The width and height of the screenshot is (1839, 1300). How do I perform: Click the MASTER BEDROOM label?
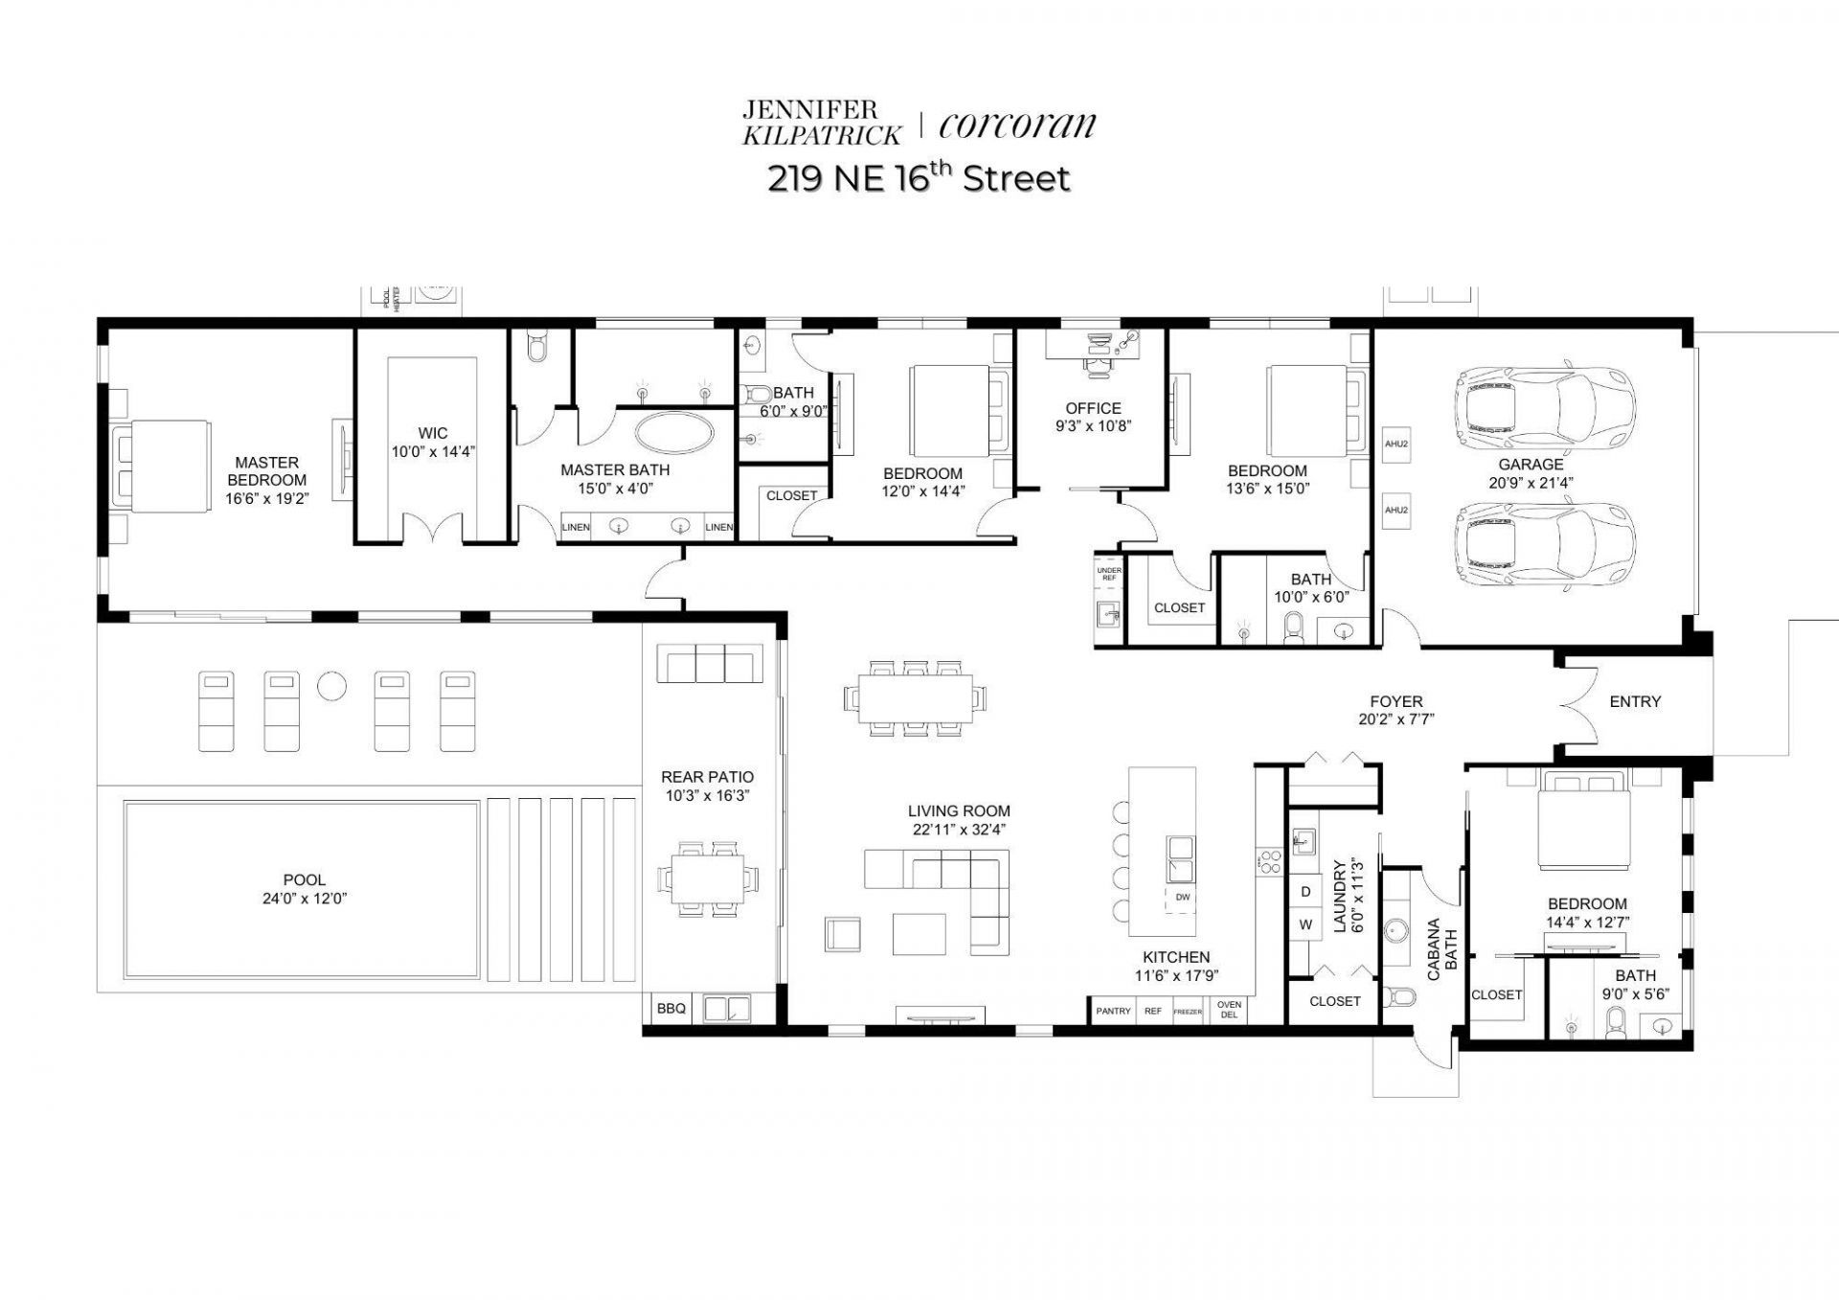(267, 471)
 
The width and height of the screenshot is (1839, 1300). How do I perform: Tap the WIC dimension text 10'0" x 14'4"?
(433, 452)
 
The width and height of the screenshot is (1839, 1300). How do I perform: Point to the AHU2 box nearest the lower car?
(1396, 510)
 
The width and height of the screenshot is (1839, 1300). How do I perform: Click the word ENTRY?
(1635, 702)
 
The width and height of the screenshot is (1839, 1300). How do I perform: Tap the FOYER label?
(1396, 702)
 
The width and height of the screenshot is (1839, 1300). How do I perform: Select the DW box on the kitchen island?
(1182, 898)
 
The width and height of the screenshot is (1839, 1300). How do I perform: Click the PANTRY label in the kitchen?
(1113, 1012)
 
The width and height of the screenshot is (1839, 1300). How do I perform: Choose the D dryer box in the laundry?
(1305, 891)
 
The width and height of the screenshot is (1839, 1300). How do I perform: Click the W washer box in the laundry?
(1305, 925)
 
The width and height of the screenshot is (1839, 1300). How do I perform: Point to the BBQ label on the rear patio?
(670, 1009)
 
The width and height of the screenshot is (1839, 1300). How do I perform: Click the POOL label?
(304, 879)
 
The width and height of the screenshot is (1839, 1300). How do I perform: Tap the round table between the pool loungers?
(331, 686)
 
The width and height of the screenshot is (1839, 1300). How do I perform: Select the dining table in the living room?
(914, 697)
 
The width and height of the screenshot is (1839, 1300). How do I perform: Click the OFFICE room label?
(1093, 408)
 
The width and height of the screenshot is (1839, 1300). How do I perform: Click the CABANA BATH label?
(1442, 950)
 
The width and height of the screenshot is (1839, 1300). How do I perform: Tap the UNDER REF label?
(1108, 574)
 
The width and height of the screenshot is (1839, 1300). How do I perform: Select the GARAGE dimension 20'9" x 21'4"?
(1531, 483)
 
